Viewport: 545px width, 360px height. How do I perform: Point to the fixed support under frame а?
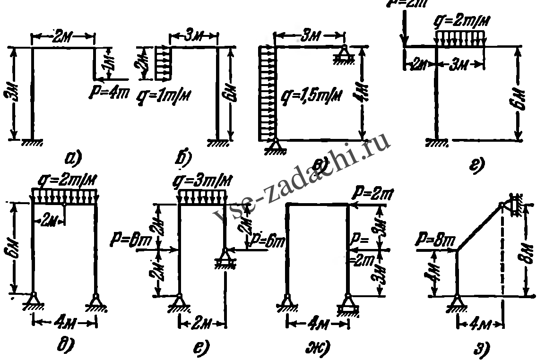(x=32, y=142)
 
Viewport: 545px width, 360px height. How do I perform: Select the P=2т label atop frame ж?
(x=370, y=193)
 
